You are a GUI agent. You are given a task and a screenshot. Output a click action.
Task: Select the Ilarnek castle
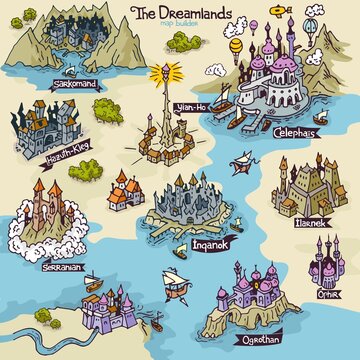[303, 190]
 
